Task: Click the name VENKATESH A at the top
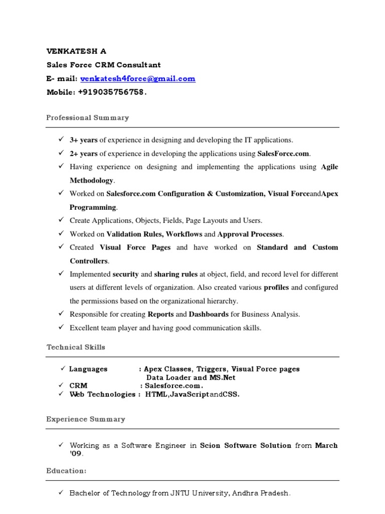(x=76, y=51)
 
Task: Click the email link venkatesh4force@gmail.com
(x=138, y=79)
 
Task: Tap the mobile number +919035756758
(x=111, y=92)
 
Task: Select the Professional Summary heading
(x=87, y=118)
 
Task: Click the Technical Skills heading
(x=76, y=347)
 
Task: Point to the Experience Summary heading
(x=86, y=419)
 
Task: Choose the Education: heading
(x=66, y=471)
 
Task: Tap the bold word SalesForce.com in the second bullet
(x=284, y=154)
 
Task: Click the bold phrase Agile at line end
(x=329, y=167)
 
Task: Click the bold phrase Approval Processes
(x=250, y=234)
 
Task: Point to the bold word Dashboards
(x=209, y=314)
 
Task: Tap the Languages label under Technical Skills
(x=88, y=369)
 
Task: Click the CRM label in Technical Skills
(x=78, y=385)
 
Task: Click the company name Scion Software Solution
(x=245, y=446)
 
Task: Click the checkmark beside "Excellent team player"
(x=61, y=327)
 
